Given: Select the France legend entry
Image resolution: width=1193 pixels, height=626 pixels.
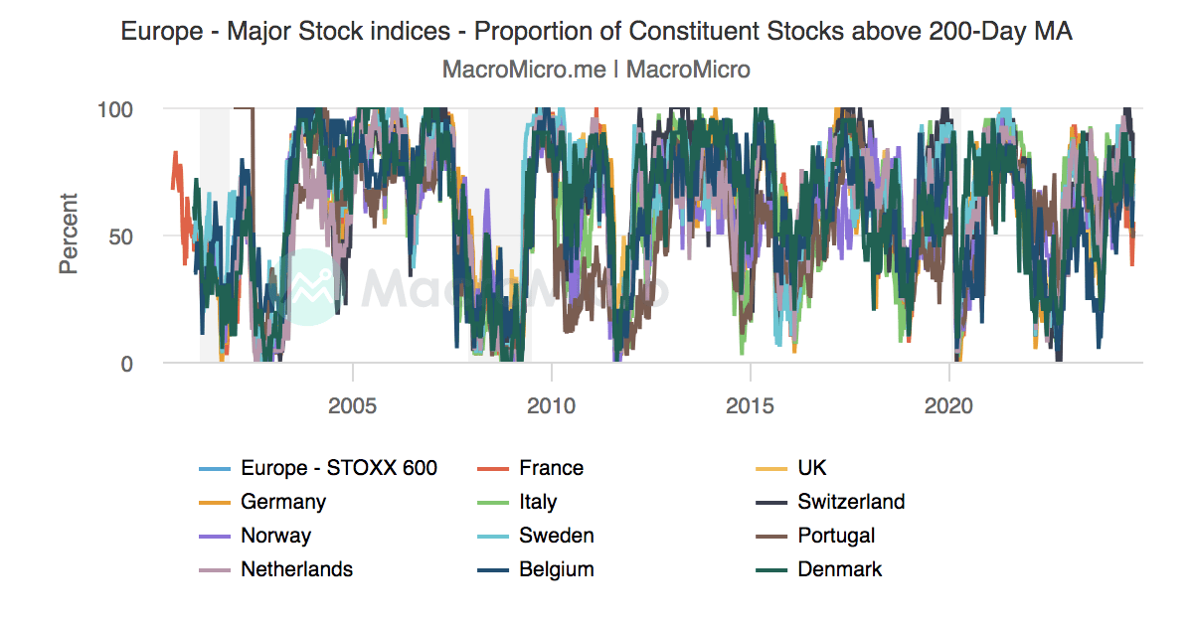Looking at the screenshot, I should pos(551,468).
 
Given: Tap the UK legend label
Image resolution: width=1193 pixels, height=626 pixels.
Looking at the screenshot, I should pos(811,468).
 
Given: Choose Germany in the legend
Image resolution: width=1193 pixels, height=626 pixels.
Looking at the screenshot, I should pos(282,502).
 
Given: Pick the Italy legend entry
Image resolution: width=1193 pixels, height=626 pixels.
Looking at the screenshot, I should pos(537,502).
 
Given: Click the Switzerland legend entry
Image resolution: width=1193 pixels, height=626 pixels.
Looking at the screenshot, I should pos(850,502).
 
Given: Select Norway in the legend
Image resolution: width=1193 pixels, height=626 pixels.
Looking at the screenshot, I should pos(275,536).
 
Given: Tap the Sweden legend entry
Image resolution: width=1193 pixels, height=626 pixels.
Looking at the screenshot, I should pos(556,536).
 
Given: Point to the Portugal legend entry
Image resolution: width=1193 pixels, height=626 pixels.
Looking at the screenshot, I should pos(835,536).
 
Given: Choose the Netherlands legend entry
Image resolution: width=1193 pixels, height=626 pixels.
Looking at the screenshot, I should pos(296,569).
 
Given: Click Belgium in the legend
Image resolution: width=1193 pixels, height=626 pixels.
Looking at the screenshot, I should pos(556,569).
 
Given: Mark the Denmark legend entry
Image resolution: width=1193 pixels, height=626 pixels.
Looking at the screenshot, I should pos(839,569).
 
